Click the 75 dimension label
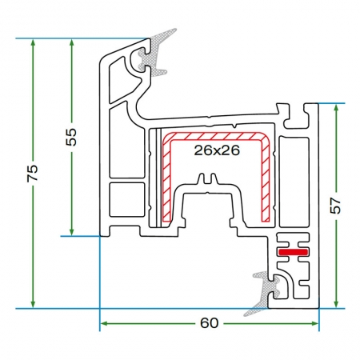coord(33,174)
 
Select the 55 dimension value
coord(71,137)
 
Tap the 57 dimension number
coord(335,206)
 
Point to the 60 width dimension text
coord(210,323)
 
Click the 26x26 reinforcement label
coord(217,150)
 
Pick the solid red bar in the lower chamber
coord(293,252)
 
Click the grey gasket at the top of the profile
coord(155,54)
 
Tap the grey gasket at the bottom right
coord(265,293)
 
